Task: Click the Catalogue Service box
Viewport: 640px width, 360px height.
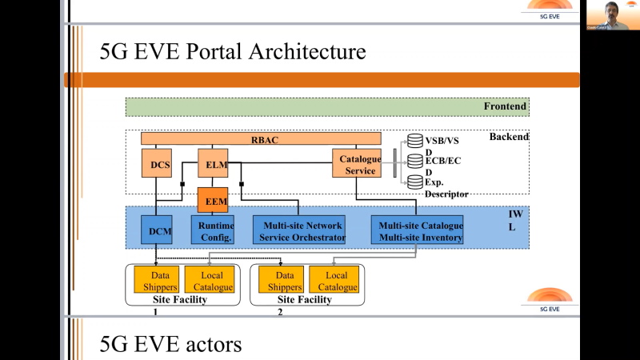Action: tap(356, 164)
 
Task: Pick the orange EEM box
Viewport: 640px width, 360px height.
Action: tap(213, 201)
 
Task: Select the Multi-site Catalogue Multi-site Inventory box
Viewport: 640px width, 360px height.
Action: tap(420, 230)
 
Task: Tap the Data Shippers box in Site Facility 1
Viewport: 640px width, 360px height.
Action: tap(155, 279)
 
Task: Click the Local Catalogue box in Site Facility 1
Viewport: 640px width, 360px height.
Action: tap(210, 279)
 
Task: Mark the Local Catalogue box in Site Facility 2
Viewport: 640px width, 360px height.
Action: tap(334, 279)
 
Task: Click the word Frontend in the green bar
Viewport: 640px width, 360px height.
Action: tap(505, 106)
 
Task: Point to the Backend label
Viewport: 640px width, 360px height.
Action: tap(509, 137)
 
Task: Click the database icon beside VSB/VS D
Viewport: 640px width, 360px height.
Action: tap(414, 141)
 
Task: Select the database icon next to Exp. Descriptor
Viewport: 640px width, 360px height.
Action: tap(414, 182)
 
